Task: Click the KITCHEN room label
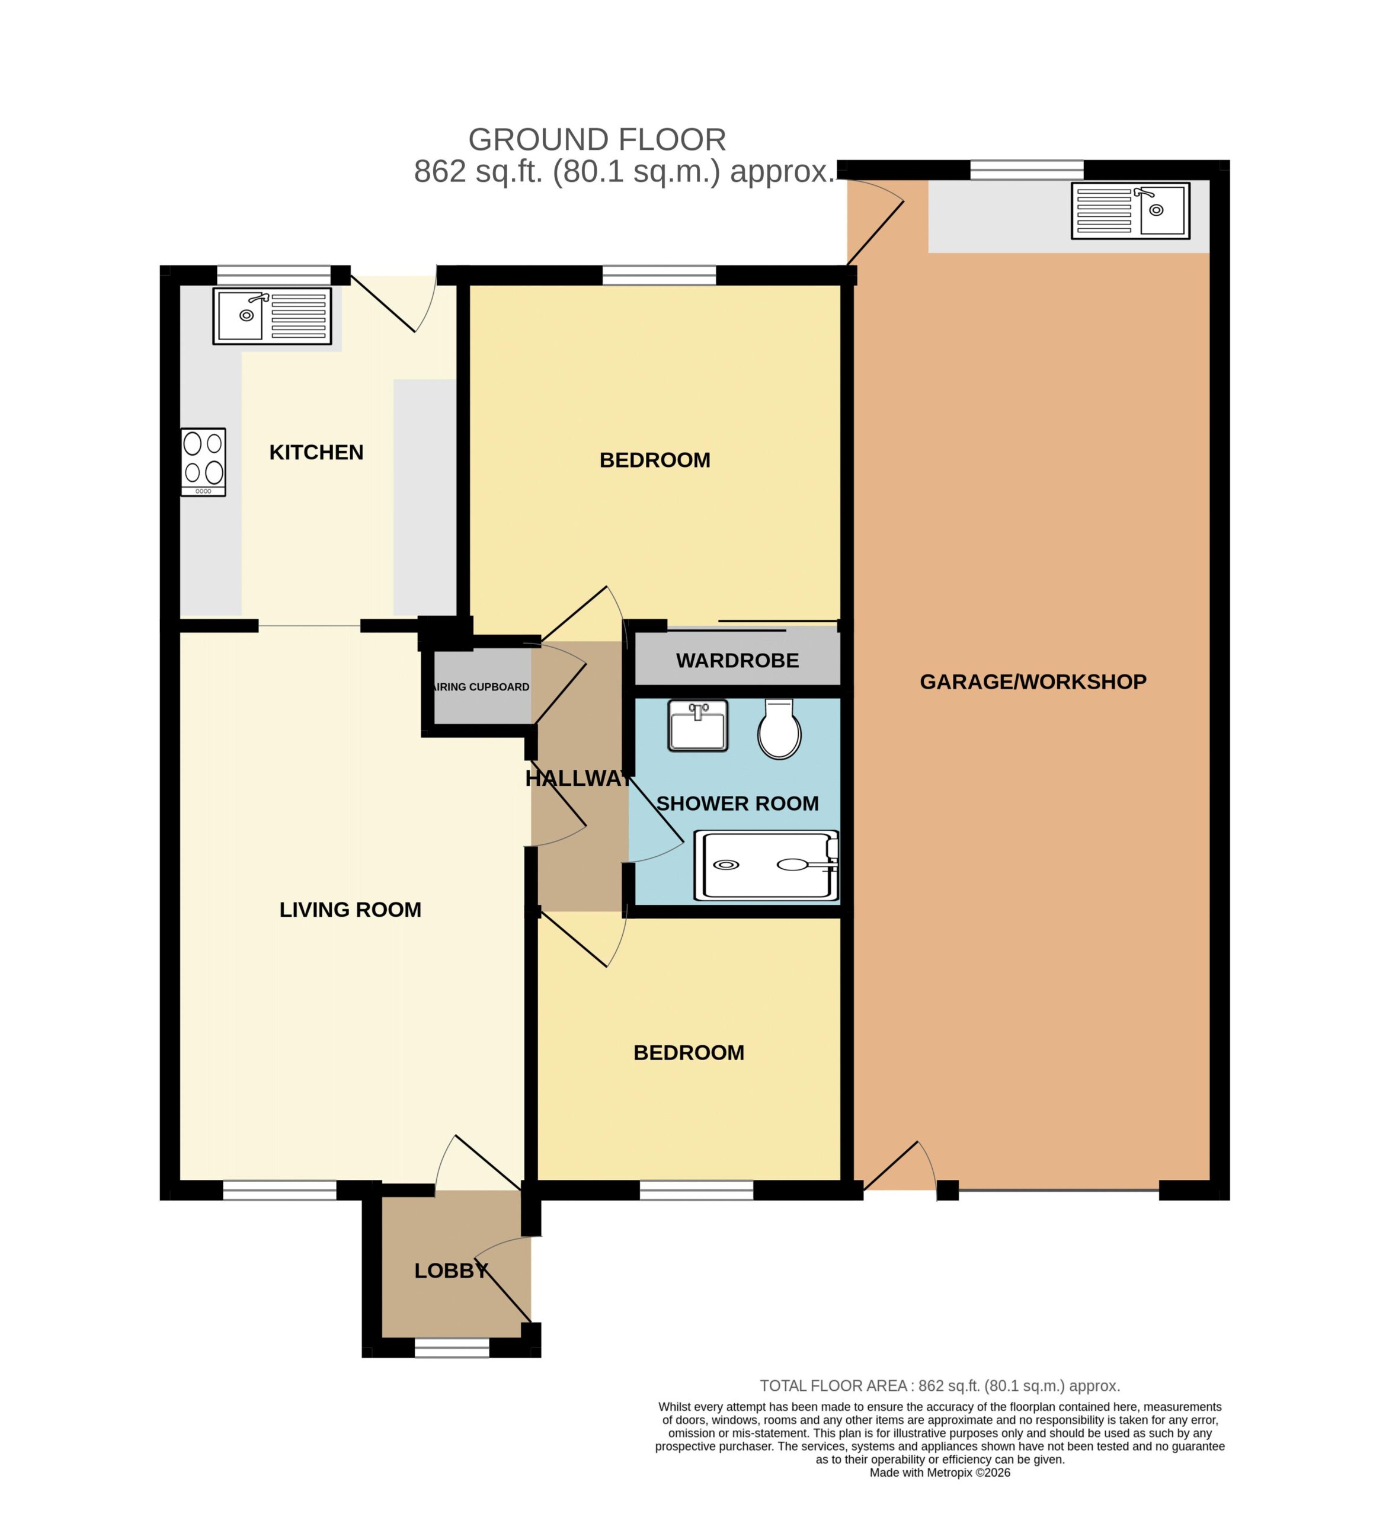(316, 452)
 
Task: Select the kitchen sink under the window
(271, 316)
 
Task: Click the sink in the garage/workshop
(1130, 211)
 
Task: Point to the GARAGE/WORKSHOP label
(1033, 681)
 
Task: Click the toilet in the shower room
(779, 728)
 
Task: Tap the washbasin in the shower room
(697, 725)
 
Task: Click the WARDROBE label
(737, 661)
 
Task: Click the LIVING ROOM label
(350, 910)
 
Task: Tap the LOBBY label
(452, 1271)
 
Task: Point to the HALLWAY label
(578, 779)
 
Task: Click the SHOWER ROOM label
(737, 804)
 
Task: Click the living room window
(279, 1190)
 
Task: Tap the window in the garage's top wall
(1026, 170)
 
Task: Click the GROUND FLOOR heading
(597, 140)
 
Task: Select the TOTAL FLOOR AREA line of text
(940, 1386)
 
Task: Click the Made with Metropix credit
(940, 1473)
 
